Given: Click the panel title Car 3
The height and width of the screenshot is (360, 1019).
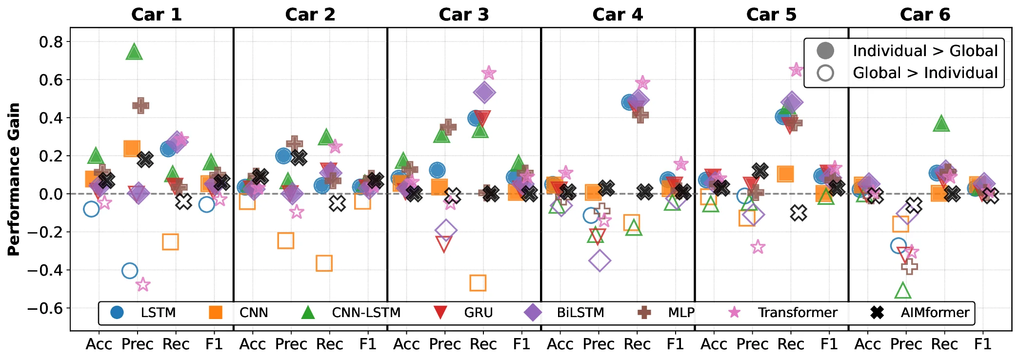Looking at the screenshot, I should click(x=463, y=15).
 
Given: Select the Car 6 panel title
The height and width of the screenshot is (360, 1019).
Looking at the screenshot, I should click(x=925, y=15).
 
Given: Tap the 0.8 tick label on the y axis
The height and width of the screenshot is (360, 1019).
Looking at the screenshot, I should click(x=51, y=42).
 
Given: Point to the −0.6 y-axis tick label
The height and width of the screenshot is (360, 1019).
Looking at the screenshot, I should click(x=45, y=308).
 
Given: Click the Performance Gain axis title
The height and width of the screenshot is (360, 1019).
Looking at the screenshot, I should click(x=14, y=179).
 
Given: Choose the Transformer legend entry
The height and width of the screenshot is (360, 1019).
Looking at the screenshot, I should click(x=797, y=313).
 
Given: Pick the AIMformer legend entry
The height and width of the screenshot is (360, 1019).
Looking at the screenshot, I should click(x=935, y=313).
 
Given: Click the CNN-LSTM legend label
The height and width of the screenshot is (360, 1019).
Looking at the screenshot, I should click(x=366, y=313).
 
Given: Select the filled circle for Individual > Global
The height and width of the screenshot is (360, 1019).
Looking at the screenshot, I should click(x=825, y=51).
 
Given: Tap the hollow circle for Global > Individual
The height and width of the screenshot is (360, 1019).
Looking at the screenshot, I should click(x=825, y=73).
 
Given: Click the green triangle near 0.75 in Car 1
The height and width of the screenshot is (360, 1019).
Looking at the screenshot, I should click(x=134, y=52).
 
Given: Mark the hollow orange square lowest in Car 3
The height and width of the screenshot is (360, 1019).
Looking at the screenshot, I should click(x=478, y=283).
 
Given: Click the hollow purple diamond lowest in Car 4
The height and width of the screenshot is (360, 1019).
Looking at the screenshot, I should click(x=599, y=261).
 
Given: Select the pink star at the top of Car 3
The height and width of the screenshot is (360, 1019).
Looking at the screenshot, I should click(x=488, y=73).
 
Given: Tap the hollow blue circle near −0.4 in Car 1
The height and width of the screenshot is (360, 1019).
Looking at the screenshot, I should click(x=129, y=271).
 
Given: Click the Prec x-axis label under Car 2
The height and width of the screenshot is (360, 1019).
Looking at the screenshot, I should click(x=291, y=344).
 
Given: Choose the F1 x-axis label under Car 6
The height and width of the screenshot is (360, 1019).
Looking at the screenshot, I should click(x=982, y=344).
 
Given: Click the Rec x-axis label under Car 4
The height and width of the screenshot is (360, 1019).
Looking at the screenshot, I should click(x=637, y=344).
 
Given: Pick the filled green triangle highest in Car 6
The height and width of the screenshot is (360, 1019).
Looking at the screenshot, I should click(x=941, y=124).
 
